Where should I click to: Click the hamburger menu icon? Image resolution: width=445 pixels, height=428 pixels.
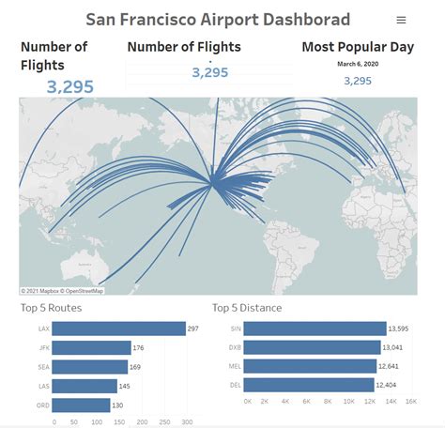pyautogui.click(x=402, y=20)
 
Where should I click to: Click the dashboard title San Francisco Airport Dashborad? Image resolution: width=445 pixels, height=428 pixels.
pyautogui.click(x=217, y=19)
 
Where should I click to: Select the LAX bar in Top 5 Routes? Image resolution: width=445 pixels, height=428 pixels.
pyautogui.click(x=119, y=329)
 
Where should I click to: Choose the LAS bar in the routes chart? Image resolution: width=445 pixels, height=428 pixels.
pyautogui.click(x=85, y=386)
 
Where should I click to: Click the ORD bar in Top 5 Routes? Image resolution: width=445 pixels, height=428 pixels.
pyautogui.click(x=82, y=405)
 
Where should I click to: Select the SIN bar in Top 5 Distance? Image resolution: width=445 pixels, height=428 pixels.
pyautogui.click(x=316, y=329)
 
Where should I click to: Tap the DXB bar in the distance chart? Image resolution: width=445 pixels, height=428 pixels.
pyautogui.click(x=314, y=347)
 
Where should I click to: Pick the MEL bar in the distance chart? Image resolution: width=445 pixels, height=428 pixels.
pyautogui.click(x=313, y=366)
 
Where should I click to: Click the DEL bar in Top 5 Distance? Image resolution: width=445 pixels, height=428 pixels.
pyautogui.click(x=311, y=385)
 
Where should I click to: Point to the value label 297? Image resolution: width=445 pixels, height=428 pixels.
pyautogui.click(x=193, y=329)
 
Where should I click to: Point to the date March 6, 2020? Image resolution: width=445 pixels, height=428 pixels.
pyautogui.click(x=358, y=64)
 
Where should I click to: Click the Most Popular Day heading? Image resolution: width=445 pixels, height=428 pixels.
pyautogui.click(x=357, y=46)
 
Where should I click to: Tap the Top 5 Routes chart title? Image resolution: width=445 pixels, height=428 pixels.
pyautogui.click(x=52, y=308)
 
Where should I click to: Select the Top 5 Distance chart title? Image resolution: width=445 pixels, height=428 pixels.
pyautogui.click(x=247, y=308)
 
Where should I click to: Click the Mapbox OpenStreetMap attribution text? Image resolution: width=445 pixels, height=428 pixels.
pyautogui.click(x=62, y=291)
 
